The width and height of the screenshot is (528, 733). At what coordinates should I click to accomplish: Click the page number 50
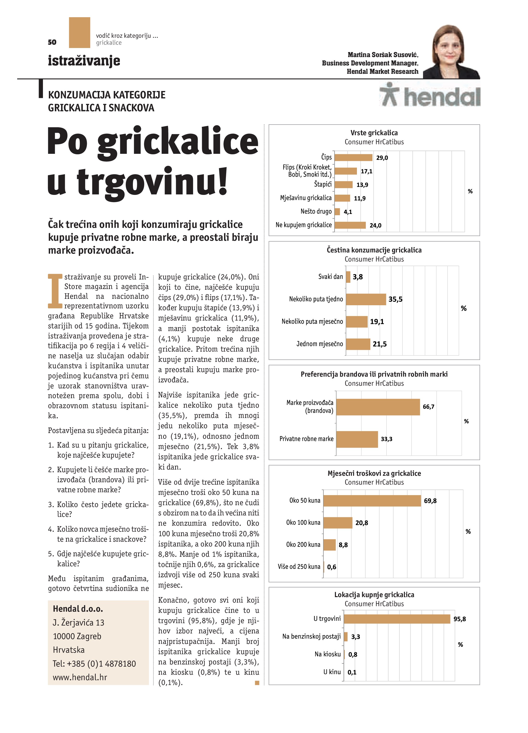click(x=52, y=42)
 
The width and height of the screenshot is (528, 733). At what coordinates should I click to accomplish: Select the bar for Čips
click(x=353, y=158)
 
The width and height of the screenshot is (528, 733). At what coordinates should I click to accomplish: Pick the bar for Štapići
click(x=344, y=185)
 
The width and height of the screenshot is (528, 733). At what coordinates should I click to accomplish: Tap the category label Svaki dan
click(x=330, y=277)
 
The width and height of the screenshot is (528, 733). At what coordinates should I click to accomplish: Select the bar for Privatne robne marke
click(x=357, y=439)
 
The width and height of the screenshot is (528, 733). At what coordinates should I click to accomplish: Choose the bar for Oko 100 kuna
click(x=338, y=523)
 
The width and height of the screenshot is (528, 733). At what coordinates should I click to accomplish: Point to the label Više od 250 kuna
click(x=299, y=567)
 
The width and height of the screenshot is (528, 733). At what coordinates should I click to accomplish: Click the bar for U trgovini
click(x=397, y=619)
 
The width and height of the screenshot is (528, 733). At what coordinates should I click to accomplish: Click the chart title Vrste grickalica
click(x=374, y=133)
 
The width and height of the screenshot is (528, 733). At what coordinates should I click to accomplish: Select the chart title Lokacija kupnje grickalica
click(x=374, y=595)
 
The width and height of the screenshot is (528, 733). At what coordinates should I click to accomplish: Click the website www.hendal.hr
click(x=80, y=677)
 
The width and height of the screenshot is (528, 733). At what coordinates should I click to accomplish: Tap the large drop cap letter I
click(x=55, y=291)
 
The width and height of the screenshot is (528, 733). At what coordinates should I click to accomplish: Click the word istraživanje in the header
click(x=84, y=61)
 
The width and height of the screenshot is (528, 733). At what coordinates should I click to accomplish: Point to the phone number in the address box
click(x=94, y=663)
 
